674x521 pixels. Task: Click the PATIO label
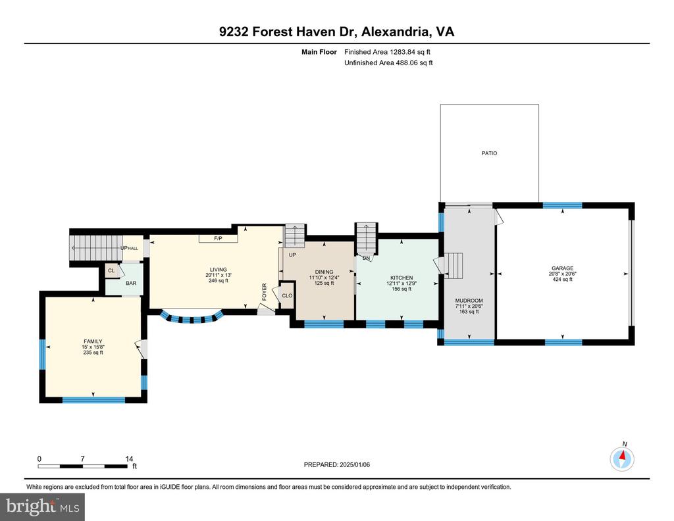(489, 153)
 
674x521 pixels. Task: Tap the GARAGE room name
(562, 268)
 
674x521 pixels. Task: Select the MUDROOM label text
(469, 301)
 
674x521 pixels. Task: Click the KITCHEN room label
(402, 278)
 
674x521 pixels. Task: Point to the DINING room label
(324, 272)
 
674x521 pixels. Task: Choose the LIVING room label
(219, 270)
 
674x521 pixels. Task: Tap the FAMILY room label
(93, 341)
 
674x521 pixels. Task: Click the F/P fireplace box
(219, 238)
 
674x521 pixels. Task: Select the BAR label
(131, 284)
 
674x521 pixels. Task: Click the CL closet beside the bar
(111, 270)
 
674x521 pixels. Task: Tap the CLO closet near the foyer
(287, 295)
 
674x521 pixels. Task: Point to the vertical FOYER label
(265, 291)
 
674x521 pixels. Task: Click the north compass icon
(622, 459)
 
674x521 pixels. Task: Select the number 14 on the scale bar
(129, 459)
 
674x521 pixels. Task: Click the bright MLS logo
(43, 507)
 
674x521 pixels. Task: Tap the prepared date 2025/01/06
(355, 464)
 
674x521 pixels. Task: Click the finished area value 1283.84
(403, 52)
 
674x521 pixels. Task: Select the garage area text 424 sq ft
(562, 279)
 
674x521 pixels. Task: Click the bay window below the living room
(192, 318)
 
